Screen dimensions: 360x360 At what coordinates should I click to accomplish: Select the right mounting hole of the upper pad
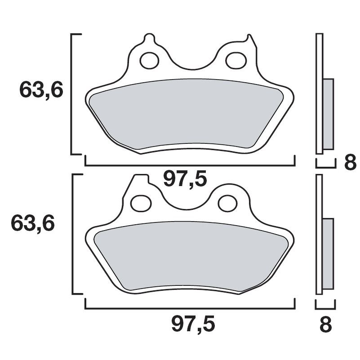(x=235, y=61)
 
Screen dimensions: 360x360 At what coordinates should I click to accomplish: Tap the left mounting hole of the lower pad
(x=142, y=203)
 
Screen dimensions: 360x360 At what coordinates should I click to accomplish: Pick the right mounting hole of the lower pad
(x=227, y=203)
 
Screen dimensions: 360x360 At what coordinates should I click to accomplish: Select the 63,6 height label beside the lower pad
(x=33, y=223)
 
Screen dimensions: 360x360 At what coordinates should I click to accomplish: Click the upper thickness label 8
(x=350, y=163)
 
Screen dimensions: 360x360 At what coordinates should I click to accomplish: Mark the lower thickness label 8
(x=325, y=324)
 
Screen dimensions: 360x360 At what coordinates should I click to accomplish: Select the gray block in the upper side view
(x=329, y=114)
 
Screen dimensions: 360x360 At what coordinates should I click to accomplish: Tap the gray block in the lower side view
(x=328, y=254)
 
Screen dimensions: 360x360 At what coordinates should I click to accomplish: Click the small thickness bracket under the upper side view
(x=326, y=164)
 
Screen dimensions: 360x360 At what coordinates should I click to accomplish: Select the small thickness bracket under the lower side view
(x=325, y=306)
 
